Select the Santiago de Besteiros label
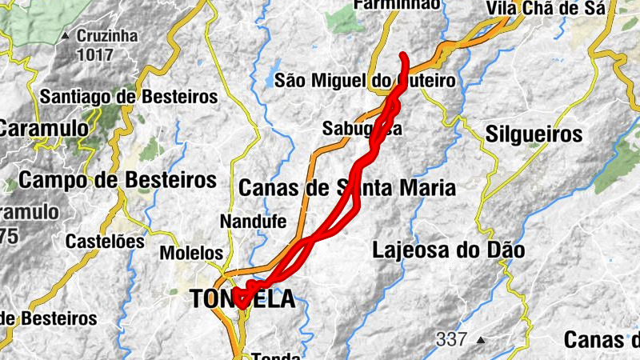click(129, 97)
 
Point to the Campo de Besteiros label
click(118, 179)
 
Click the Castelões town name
click(105, 241)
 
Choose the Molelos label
click(191, 253)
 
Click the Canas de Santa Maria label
click(347, 189)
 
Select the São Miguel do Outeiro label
click(364, 81)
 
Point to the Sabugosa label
click(362, 128)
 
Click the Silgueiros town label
click(534, 134)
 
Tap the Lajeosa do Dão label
click(448, 250)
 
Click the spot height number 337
click(451, 339)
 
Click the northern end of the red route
click(404, 55)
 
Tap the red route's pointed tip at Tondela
click(240, 306)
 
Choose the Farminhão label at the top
click(397, 5)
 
